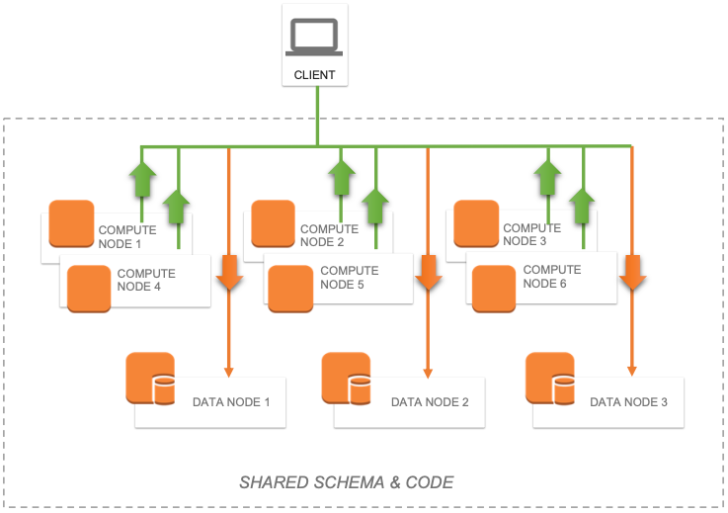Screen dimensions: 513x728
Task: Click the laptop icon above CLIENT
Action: pyautogui.click(x=315, y=37)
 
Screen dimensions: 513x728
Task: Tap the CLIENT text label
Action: pyautogui.click(x=315, y=75)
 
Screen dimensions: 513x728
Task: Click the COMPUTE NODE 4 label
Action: pyautogui.click(x=146, y=281)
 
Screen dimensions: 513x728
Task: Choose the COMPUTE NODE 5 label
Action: pyautogui.click(x=350, y=278)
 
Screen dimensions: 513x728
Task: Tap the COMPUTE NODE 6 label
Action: pyautogui.click(x=552, y=277)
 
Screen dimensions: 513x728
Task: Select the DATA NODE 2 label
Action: pyautogui.click(x=430, y=402)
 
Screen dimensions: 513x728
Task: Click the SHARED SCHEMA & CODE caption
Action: pyautogui.click(x=347, y=483)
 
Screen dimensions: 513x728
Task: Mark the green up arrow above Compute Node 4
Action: pyautogui.click(x=178, y=208)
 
